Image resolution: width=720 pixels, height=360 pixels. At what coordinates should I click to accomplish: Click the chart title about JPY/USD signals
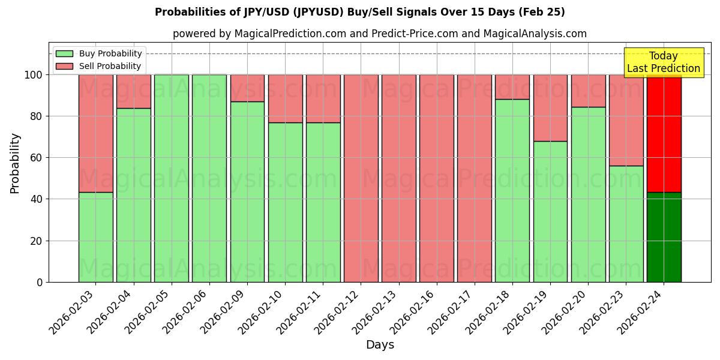pos(359,12)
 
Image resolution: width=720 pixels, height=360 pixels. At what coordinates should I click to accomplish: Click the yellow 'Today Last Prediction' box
pos(663,62)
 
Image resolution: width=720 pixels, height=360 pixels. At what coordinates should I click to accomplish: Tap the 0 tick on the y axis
pos(40,282)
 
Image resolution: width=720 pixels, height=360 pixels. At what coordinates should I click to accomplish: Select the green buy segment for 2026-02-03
pos(95,237)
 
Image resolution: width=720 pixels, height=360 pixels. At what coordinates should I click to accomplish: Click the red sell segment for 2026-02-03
pos(95,133)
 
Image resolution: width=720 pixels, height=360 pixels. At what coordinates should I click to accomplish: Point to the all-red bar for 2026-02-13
pos(398,178)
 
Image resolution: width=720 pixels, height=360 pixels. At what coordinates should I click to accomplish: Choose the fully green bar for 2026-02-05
pos(172,178)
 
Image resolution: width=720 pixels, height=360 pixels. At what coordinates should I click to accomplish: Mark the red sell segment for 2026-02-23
pos(626,120)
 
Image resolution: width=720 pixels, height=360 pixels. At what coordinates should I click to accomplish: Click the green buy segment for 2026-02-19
pos(550,211)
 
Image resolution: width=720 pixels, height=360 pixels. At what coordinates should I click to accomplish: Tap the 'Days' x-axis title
pos(380,345)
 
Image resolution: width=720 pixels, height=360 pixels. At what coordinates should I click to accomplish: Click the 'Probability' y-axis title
pos(15,163)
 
